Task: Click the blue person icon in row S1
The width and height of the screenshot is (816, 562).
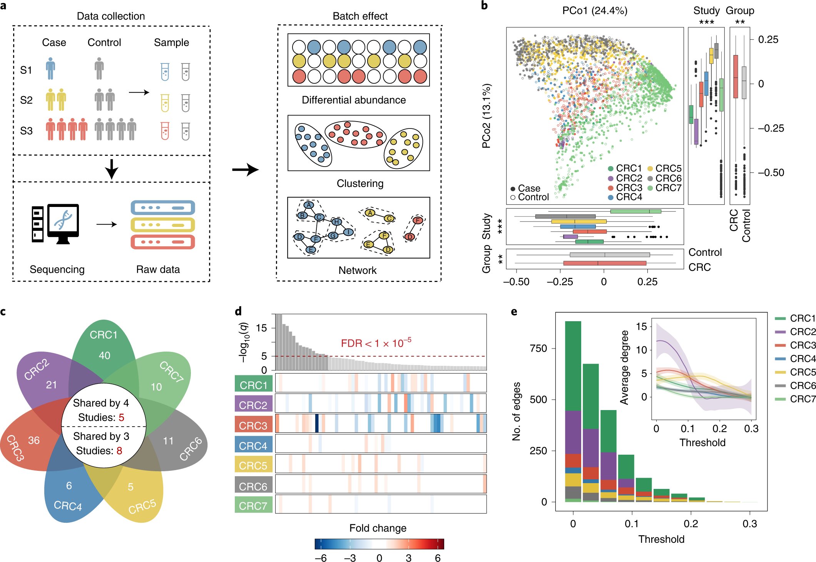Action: point(50,68)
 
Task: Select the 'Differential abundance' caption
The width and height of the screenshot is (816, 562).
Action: point(353,100)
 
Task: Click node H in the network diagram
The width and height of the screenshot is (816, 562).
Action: point(337,222)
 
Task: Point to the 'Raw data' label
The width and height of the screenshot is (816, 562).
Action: point(158,269)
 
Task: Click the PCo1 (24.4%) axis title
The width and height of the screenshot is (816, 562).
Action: point(594,10)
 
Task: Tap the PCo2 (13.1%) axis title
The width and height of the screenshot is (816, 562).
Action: point(487,116)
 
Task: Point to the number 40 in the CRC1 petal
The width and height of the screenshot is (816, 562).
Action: point(104,355)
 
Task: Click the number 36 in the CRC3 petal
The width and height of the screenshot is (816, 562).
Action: point(34,440)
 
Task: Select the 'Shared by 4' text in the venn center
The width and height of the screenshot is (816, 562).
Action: point(101,403)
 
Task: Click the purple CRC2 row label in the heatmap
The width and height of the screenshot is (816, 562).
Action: point(253,405)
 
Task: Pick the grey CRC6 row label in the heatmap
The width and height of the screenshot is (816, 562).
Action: point(253,486)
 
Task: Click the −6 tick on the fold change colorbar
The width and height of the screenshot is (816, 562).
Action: point(320,558)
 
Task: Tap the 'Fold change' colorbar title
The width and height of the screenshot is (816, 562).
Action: point(378,528)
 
